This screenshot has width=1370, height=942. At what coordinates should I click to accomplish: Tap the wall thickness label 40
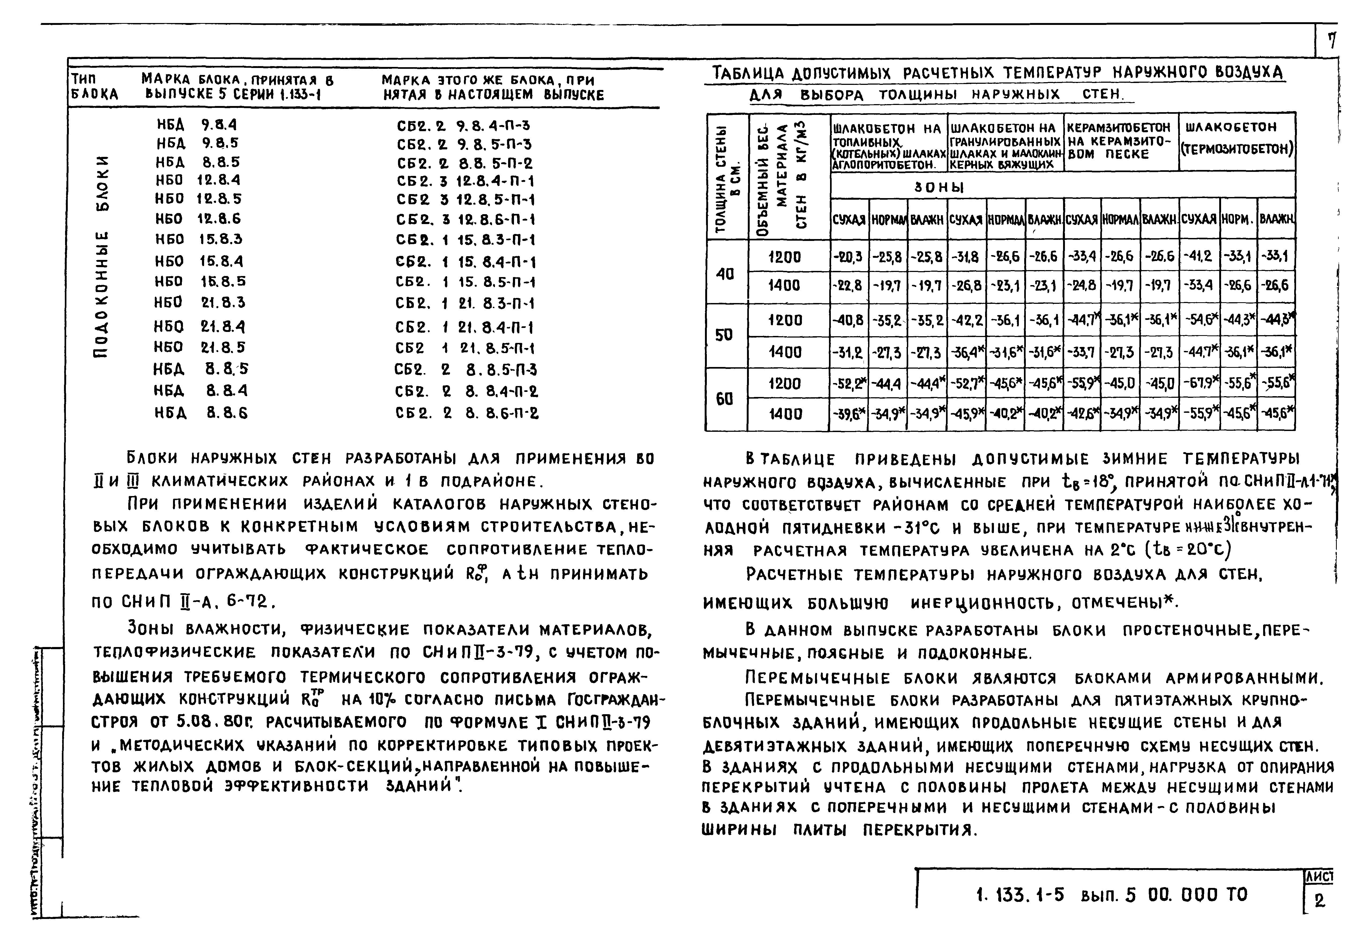pyautogui.click(x=725, y=273)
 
